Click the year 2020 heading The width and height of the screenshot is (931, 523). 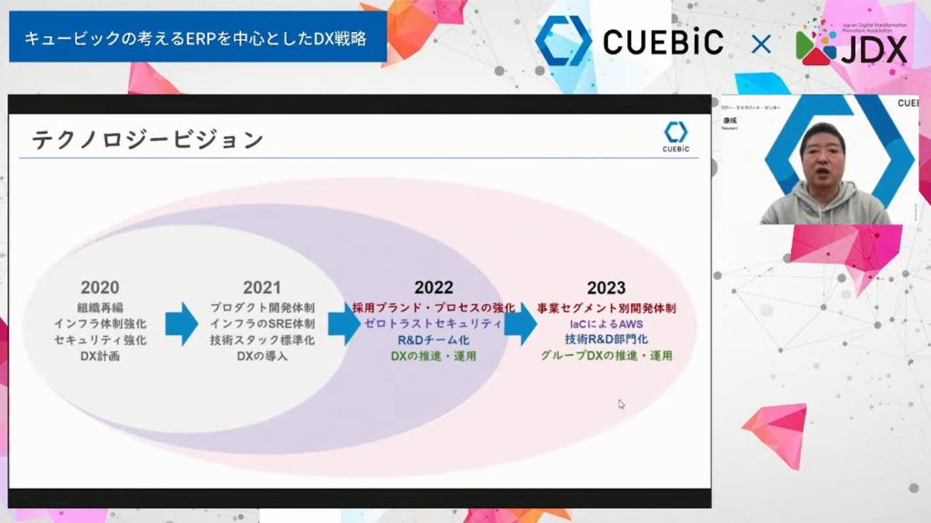pyautogui.click(x=100, y=288)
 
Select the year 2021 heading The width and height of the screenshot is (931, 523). pyautogui.click(x=262, y=288)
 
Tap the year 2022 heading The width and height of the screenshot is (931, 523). pyautogui.click(x=434, y=288)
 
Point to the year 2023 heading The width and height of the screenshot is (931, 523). pyautogui.click(x=606, y=288)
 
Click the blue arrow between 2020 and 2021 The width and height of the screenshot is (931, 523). pyautogui.click(x=181, y=324)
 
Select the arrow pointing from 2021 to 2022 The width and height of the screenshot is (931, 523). pyautogui.click(x=344, y=324)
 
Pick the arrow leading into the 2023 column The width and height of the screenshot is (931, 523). pyautogui.click(x=520, y=324)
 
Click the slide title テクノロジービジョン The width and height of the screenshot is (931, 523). pyautogui.click(x=147, y=140)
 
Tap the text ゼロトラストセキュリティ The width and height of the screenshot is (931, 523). pyautogui.click(x=434, y=324)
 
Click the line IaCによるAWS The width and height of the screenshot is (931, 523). pyautogui.click(x=606, y=324)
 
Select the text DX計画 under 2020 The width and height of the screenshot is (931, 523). pyautogui.click(x=100, y=356)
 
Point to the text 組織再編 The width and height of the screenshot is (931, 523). pyautogui.click(x=100, y=308)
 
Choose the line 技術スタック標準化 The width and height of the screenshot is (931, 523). pyautogui.click(x=262, y=340)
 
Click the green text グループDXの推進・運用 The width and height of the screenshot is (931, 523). pyautogui.click(x=606, y=356)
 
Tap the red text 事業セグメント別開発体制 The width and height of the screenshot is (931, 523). pyautogui.click(x=606, y=308)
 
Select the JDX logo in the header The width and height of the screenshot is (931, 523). pyautogui.click(x=851, y=44)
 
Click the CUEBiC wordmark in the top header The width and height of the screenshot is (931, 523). pyautogui.click(x=663, y=42)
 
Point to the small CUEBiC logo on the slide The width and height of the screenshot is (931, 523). pyautogui.click(x=676, y=137)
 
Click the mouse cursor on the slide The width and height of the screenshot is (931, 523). pyautogui.click(x=621, y=404)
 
